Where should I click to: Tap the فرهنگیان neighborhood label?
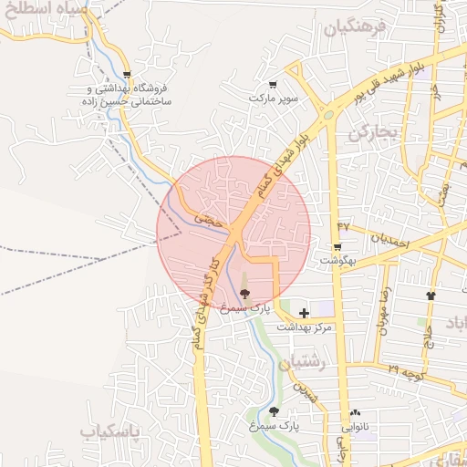point(355,26)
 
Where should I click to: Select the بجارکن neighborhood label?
point(374,133)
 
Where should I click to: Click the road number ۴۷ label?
point(343,225)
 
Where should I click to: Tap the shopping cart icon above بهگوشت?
point(337,247)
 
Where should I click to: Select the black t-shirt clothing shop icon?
point(431,296)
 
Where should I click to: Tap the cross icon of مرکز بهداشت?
point(304,313)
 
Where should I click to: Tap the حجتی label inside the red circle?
point(209,220)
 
